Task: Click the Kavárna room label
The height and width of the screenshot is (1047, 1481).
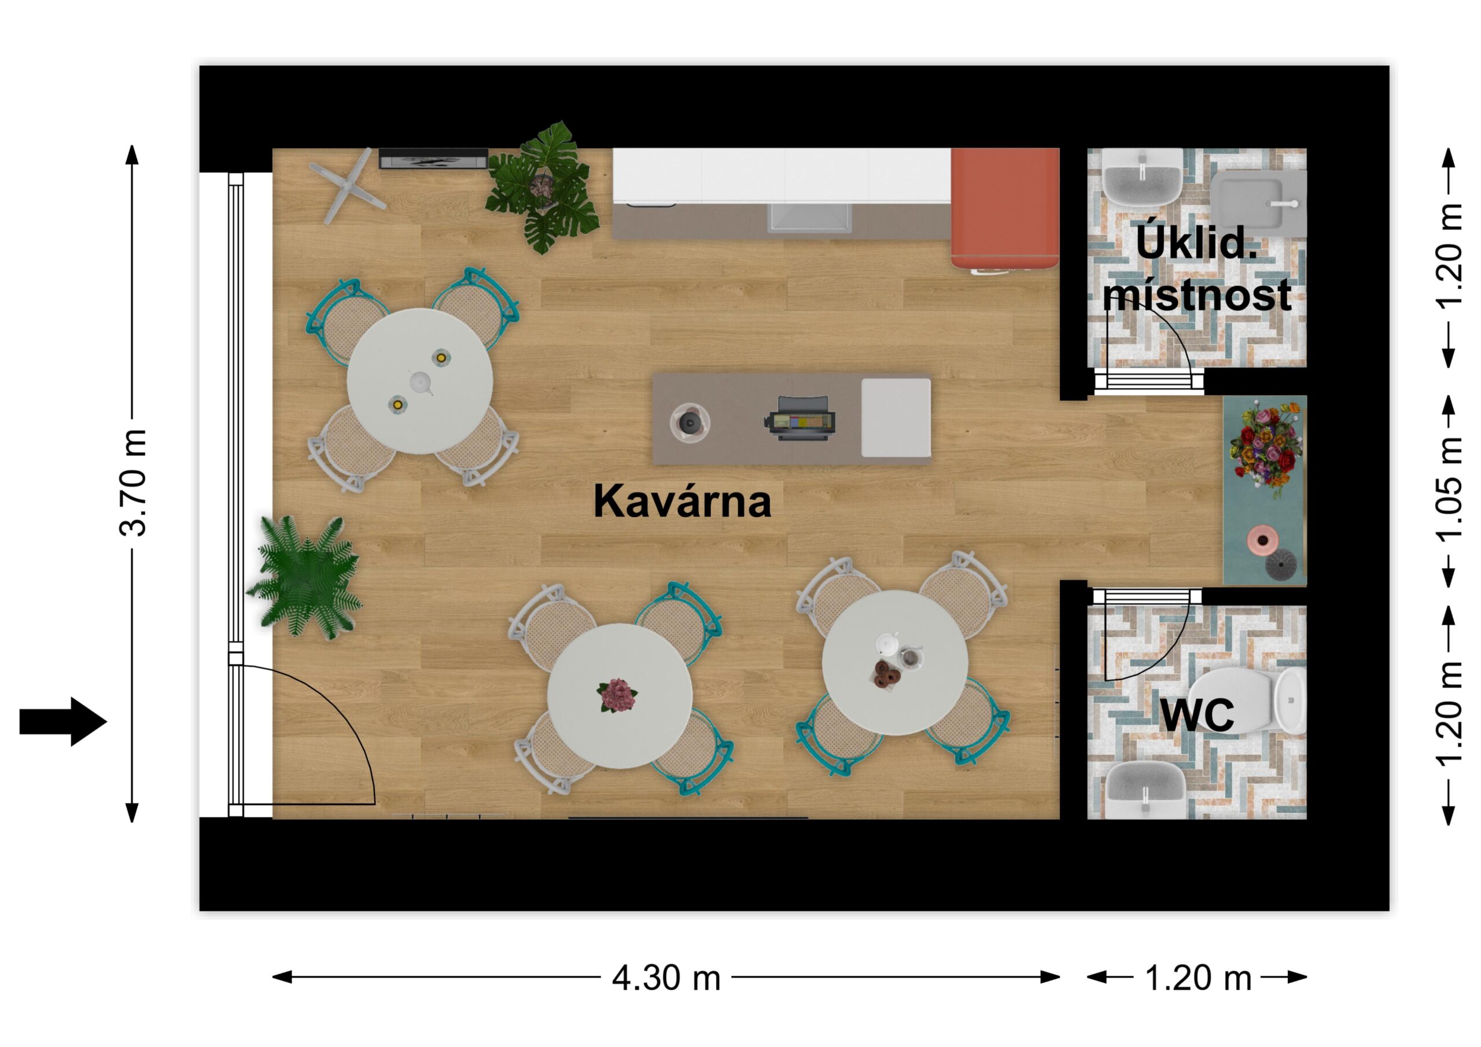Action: (682, 502)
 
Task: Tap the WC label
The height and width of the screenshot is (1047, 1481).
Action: (1197, 715)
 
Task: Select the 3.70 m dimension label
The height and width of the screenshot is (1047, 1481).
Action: (134, 482)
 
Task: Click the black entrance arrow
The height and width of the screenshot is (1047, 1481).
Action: (62, 721)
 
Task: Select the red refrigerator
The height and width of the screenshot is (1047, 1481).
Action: (1005, 208)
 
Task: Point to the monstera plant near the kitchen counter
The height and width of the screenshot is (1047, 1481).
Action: (543, 186)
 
